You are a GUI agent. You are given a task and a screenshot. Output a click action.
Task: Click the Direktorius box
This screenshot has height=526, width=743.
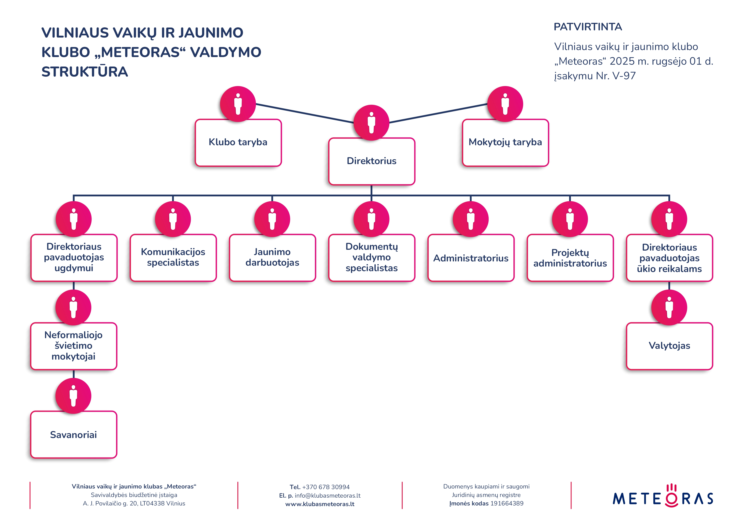tap(371, 161)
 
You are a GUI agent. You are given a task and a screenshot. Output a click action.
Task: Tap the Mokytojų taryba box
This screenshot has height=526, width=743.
tap(505, 142)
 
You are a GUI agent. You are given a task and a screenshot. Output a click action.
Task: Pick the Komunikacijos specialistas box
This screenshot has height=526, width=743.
tap(173, 258)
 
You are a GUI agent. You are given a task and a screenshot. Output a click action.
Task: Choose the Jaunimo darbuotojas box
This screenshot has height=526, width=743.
tap(272, 258)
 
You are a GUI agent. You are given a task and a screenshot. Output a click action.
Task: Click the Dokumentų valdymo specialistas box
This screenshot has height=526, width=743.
tap(371, 258)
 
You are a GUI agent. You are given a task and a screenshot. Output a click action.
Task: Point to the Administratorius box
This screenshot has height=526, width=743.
tap(471, 258)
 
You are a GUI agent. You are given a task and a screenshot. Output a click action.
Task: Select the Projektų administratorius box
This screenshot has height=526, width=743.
tap(570, 258)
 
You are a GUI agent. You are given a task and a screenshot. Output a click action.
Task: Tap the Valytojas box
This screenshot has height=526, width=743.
tap(669, 346)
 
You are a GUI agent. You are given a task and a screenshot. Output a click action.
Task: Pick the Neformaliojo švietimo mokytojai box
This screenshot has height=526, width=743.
tap(73, 346)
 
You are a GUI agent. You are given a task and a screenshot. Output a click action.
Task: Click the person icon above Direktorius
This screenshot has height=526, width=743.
tap(371, 122)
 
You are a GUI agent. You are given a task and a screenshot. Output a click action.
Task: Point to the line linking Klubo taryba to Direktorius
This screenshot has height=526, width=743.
tap(304, 113)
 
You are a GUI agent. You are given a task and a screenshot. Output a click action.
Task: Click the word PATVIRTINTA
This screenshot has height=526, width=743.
tap(588, 27)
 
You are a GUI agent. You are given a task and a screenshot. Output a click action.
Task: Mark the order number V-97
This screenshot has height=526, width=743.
tap(624, 76)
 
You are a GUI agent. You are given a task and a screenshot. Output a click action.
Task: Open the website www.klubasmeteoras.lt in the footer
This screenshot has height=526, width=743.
tap(320, 504)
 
